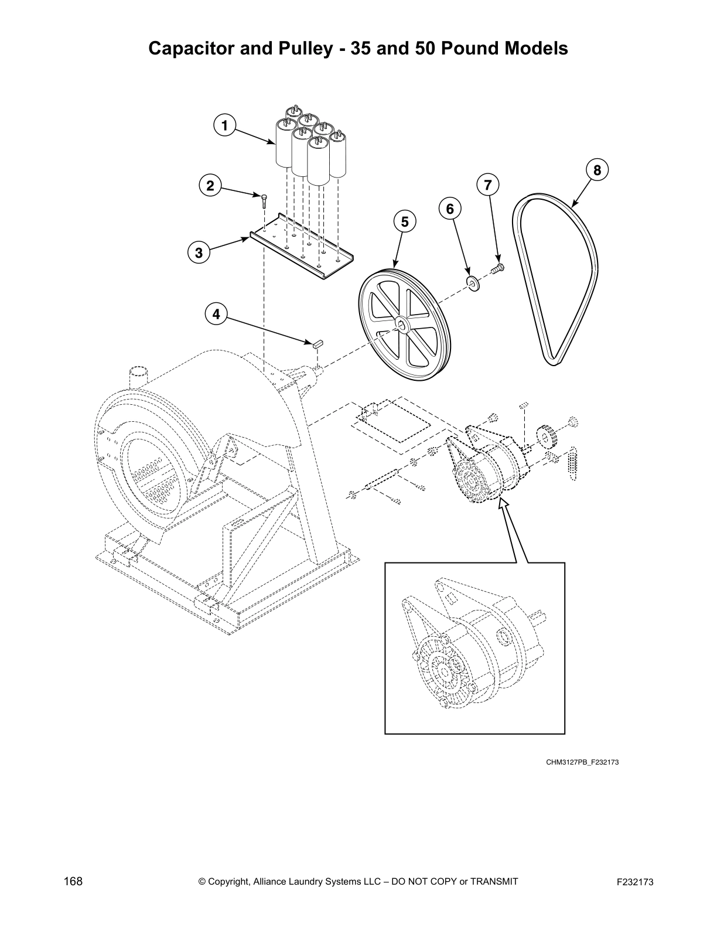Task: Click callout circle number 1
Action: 224,125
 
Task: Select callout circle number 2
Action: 210,186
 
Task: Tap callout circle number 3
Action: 199,253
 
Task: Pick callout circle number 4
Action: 216,315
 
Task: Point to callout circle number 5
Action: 404,222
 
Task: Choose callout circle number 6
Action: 450,209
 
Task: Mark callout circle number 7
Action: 487,185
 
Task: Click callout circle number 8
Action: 597,170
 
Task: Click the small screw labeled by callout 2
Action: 264,200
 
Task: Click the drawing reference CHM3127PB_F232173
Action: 582,762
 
